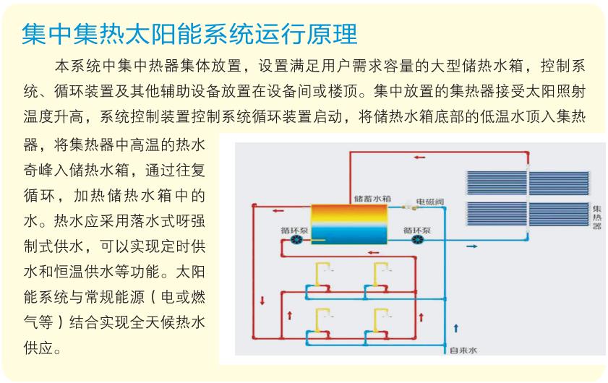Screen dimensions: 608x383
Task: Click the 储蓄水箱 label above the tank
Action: pos(372,199)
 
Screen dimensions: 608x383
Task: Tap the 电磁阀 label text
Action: pos(429,202)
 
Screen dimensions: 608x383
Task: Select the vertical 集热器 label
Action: pos(596,217)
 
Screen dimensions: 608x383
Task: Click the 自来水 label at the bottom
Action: pos(463,350)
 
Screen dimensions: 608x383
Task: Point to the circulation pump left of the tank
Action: pos(297,240)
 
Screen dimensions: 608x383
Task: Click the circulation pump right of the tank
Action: pos(417,240)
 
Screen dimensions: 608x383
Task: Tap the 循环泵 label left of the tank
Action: pos(294,231)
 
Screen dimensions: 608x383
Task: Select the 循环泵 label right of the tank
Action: pos(417,231)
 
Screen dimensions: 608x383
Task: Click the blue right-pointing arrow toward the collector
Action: pos(471,246)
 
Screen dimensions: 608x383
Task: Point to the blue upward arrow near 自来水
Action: pos(456,328)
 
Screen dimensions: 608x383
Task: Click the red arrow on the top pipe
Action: pos(419,158)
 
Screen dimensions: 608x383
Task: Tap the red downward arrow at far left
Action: pos(262,301)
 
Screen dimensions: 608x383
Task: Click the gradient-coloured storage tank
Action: pos(349,225)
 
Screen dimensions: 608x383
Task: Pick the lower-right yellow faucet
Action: pos(381,320)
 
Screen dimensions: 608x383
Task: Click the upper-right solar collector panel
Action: pos(559,183)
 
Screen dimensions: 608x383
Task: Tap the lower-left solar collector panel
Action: pos(497,214)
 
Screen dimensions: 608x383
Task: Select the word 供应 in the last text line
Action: pos(39,348)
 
